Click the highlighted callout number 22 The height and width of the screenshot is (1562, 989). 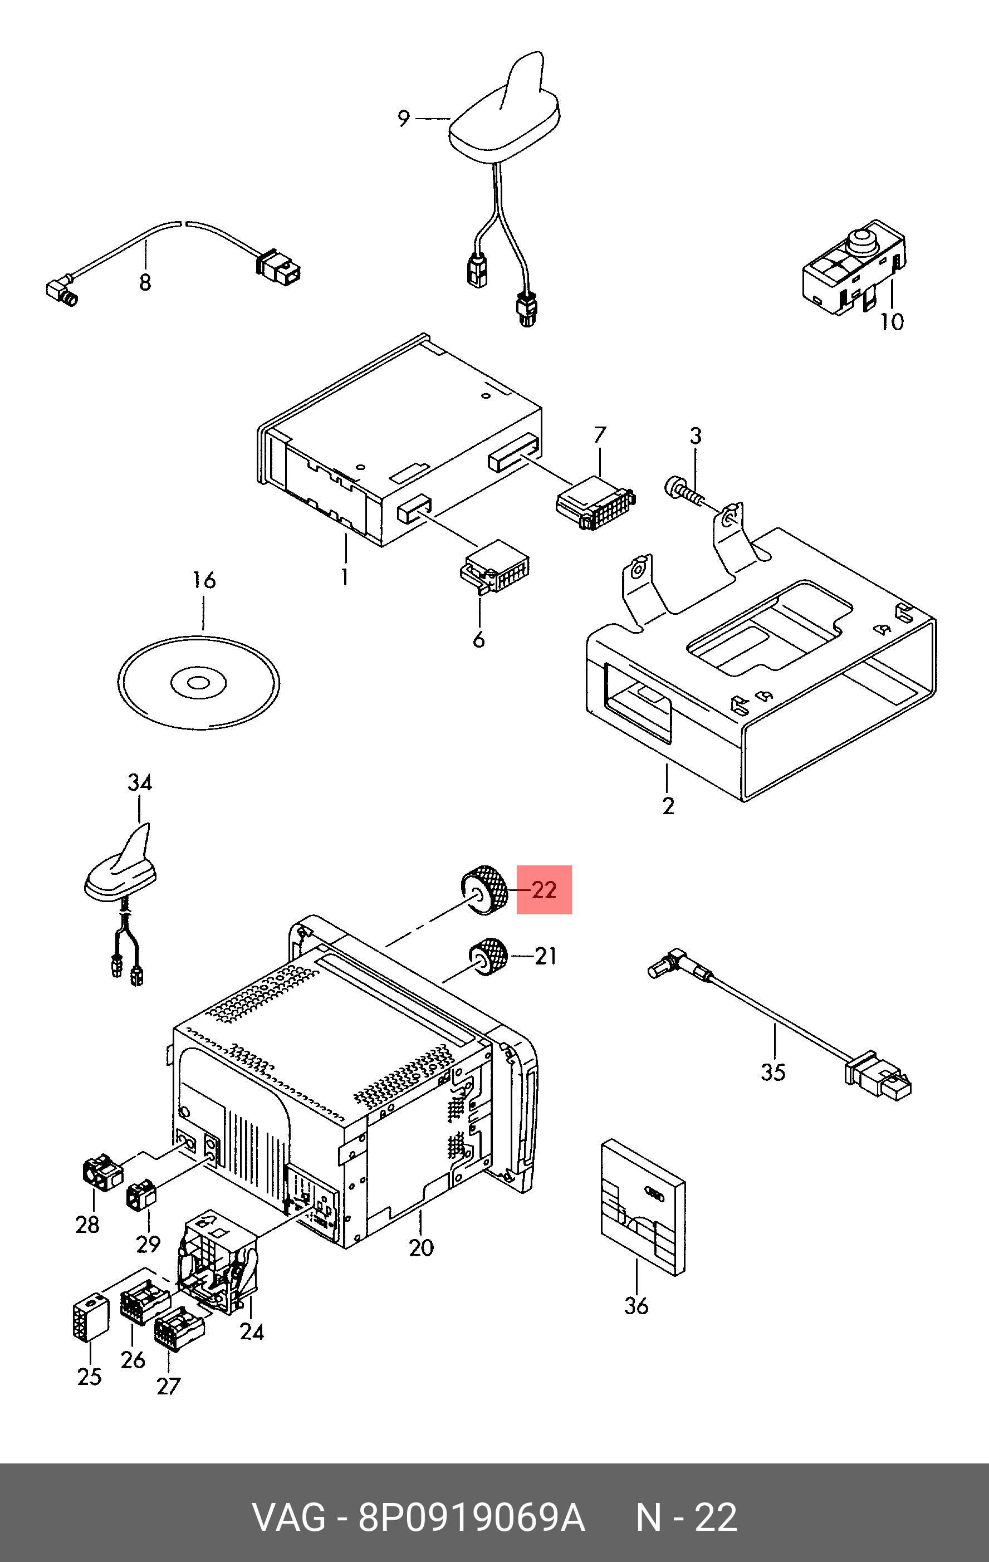click(x=544, y=889)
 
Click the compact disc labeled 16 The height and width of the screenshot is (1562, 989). click(x=198, y=682)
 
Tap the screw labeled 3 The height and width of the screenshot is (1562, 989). click(x=683, y=489)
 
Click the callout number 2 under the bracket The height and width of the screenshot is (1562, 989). click(x=668, y=806)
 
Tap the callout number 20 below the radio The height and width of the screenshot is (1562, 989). click(x=421, y=1247)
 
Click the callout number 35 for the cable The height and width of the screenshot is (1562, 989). click(x=773, y=1071)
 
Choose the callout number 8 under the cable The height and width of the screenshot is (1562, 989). click(x=145, y=282)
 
